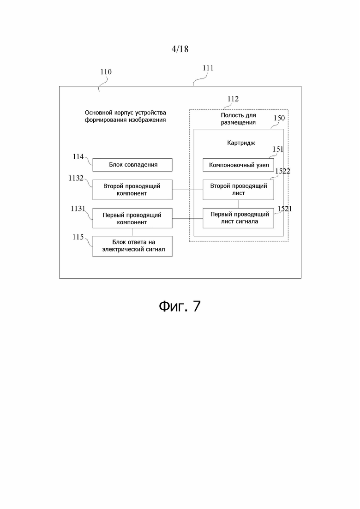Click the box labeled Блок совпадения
pyautogui.click(x=132, y=165)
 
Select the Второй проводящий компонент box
pyautogui.click(x=132, y=190)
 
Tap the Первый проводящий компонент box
pyautogui.click(x=132, y=218)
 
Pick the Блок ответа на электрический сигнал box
pyautogui.click(x=132, y=246)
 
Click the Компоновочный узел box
pyautogui.click(x=238, y=165)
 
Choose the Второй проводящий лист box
pyautogui.click(x=238, y=190)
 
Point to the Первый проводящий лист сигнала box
pyautogui.click(x=238, y=218)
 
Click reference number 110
pyautogui.click(x=106, y=72)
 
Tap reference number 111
pyautogui.click(x=208, y=68)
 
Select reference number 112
pyautogui.click(x=233, y=99)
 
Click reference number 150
pyautogui.click(x=279, y=118)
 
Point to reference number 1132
pyautogui.click(x=76, y=178)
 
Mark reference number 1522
pyautogui.click(x=283, y=171)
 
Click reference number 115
pyautogui.click(x=78, y=237)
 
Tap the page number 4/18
pyautogui.click(x=180, y=49)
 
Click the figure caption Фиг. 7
pyautogui.click(x=180, y=306)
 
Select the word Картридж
pyautogui.click(x=241, y=143)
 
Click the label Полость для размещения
pyautogui.click(x=238, y=119)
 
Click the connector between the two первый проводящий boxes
pyautogui.click(x=188, y=218)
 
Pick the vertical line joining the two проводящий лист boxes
pyautogui.click(x=238, y=204)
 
